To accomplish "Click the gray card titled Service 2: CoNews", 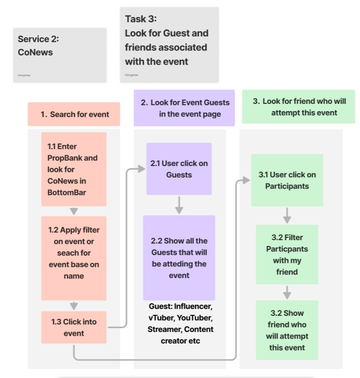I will (59, 54).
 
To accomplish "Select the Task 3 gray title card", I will (169, 44).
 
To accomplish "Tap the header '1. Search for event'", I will (74, 115).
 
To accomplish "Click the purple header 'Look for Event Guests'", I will (184, 108).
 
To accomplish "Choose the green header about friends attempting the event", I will (298, 107).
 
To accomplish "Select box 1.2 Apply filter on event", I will (73, 258).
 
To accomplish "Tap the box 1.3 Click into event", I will (73, 328).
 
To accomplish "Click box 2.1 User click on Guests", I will (179, 168).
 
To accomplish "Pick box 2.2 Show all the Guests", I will (179, 258).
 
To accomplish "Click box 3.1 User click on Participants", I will (287, 180).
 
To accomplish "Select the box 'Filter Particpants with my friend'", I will (287, 254).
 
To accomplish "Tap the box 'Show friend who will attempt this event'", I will (287, 330).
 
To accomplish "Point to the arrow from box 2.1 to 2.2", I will (179, 205).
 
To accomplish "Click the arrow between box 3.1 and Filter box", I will (287, 215).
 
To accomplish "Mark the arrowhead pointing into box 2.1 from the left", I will (141, 169).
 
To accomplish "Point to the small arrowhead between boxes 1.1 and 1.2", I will (74, 211).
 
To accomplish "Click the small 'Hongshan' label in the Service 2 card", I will (24, 75).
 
